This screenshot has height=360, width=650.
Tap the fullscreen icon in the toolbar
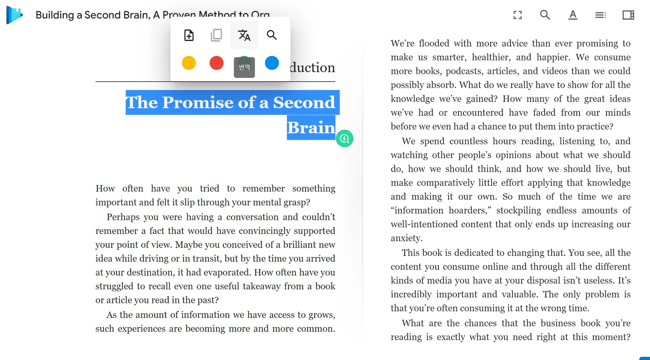[518, 15]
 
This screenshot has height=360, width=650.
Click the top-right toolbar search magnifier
[545, 15]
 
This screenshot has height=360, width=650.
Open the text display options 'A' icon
[573, 15]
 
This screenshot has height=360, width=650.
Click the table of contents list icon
[600, 15]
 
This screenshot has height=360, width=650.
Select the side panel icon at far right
[628, 15]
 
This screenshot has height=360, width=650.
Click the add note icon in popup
[189, 35]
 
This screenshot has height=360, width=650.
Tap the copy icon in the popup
[216, 35]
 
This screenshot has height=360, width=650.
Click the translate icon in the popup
[244, 35]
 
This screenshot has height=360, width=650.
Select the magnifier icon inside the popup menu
[272, 35]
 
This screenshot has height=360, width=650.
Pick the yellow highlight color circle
[189, 63]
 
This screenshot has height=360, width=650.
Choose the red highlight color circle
[216, 63]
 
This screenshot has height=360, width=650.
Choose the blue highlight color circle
[272, 63]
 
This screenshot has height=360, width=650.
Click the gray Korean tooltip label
[244, 67]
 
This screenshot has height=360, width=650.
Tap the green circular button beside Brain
[344, 139]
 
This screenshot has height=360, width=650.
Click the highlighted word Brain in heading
[311, 128]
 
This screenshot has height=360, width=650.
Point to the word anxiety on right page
[406, 238]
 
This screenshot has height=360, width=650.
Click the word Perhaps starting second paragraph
[123, 217]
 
